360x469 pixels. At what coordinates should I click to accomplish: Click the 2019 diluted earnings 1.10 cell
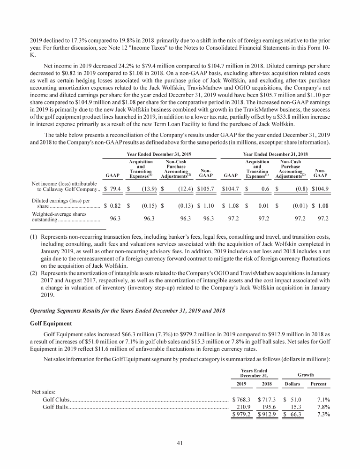click(206, 205)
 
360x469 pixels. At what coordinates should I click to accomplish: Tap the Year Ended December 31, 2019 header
click(161, 154)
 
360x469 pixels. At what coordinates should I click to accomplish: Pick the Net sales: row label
click(44, 391)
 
